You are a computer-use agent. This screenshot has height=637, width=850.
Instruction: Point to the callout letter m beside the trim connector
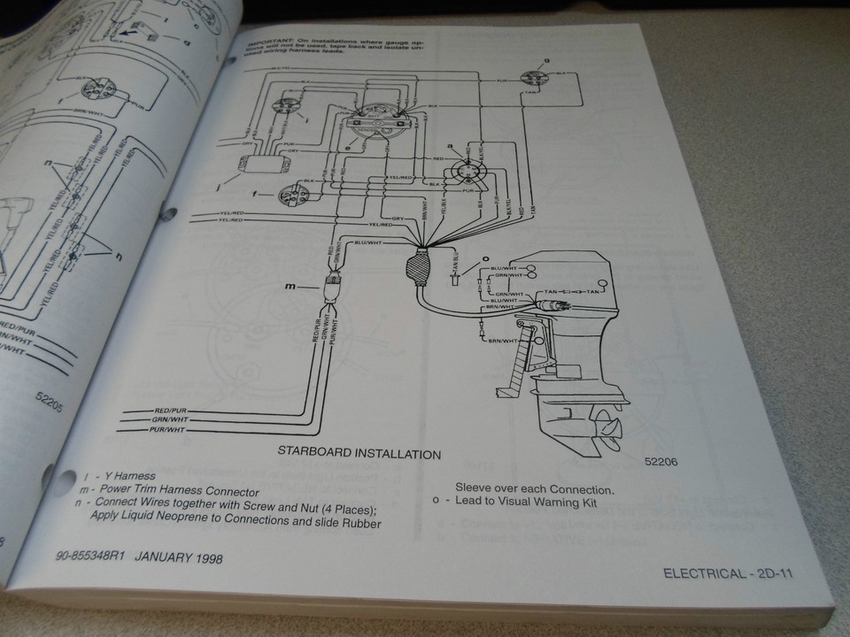point(289,286)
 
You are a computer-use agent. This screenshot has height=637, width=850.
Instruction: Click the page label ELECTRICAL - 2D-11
point(725,573)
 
